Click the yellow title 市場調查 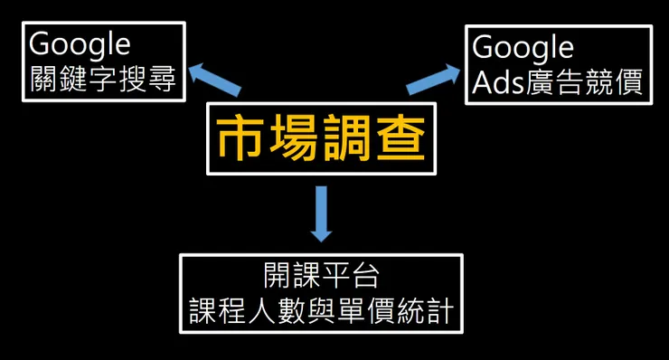[321, 138]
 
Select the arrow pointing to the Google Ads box [433, 79]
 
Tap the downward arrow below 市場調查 [321, 214]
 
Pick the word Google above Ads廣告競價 [523, 48]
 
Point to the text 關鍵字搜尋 [103, 79]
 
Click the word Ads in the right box [498, 81]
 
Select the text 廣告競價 [585, 81]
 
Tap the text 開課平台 [321, 276]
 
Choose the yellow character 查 [401, 138]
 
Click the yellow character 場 [294, 138]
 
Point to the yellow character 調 [348, 138]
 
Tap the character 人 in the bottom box [262, 310]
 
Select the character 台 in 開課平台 [365, 276]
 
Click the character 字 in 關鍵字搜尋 [103, 79]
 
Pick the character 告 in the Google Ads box [570, 81]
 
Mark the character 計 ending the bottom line [441, 310]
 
